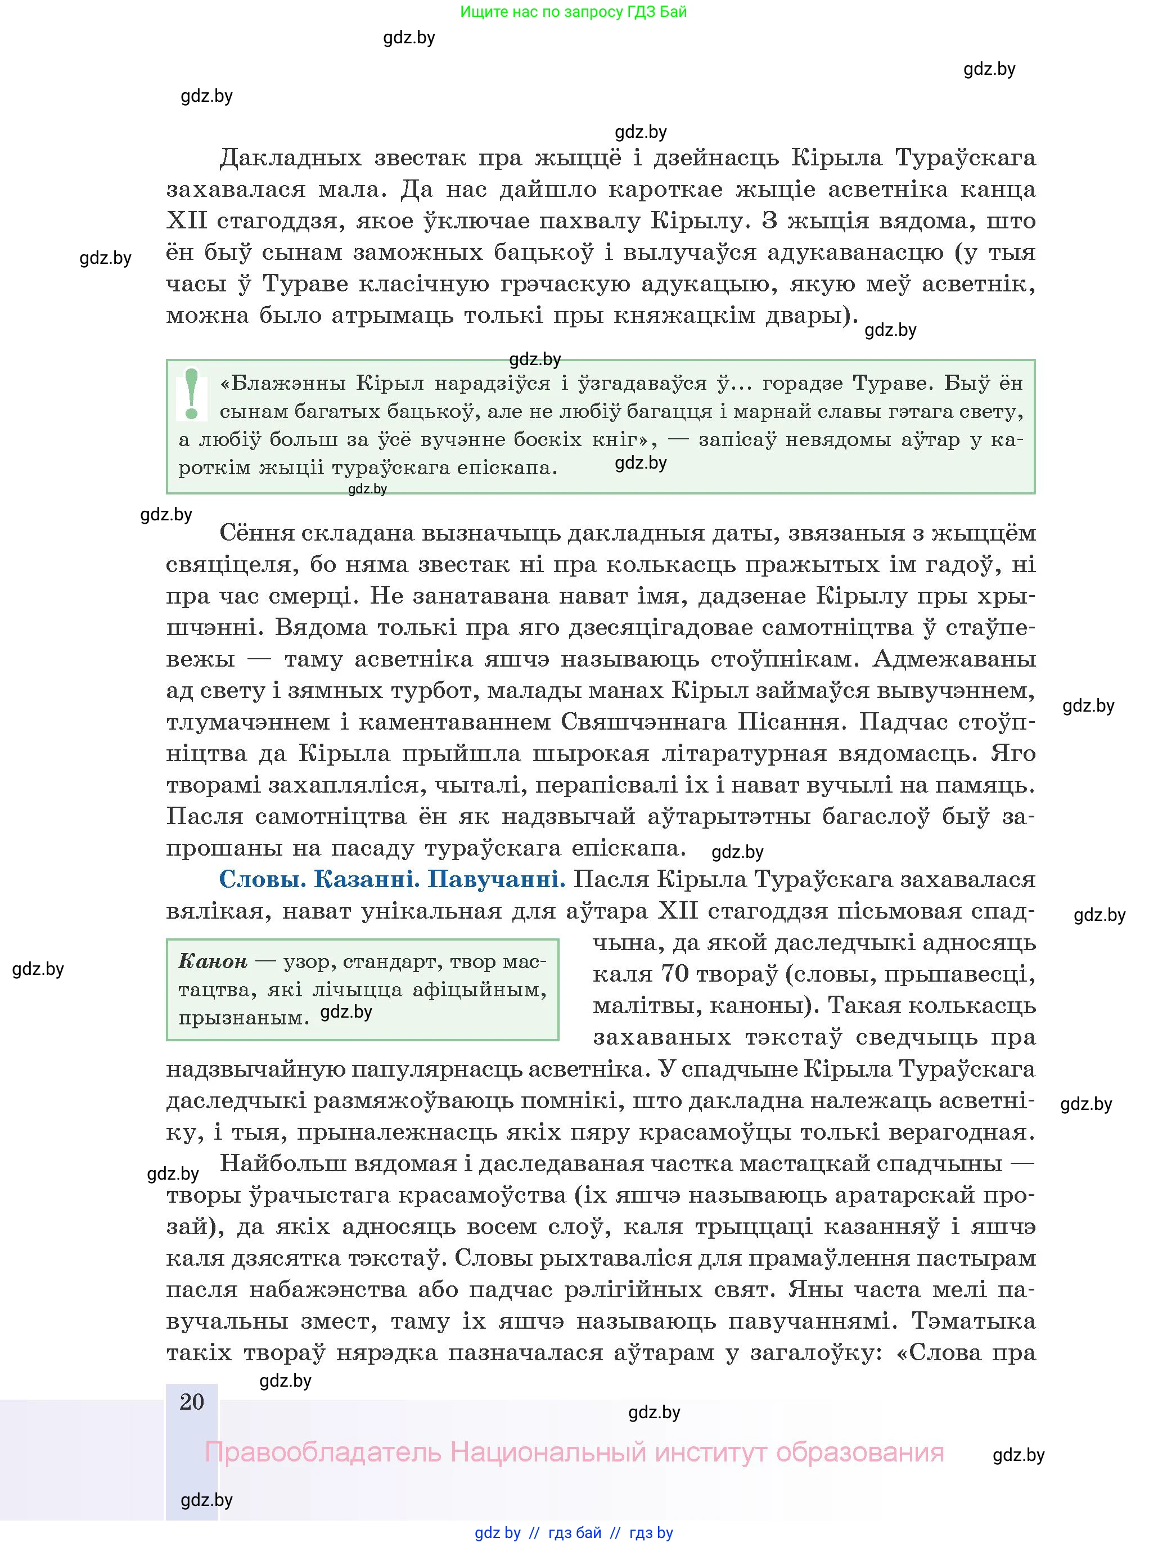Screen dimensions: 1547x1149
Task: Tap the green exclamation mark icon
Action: tap(191, 394)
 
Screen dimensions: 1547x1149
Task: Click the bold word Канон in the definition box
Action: tap(212, 961)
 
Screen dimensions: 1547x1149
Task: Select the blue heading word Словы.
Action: tap(262, 879)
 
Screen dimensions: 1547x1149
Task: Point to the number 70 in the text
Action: tap(674, 974)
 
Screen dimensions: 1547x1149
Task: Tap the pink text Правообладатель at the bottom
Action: tap(322, 1452)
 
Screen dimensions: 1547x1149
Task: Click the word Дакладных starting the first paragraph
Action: tap(290, 159)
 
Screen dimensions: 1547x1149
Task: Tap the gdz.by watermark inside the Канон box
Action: tap(346, 1012)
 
